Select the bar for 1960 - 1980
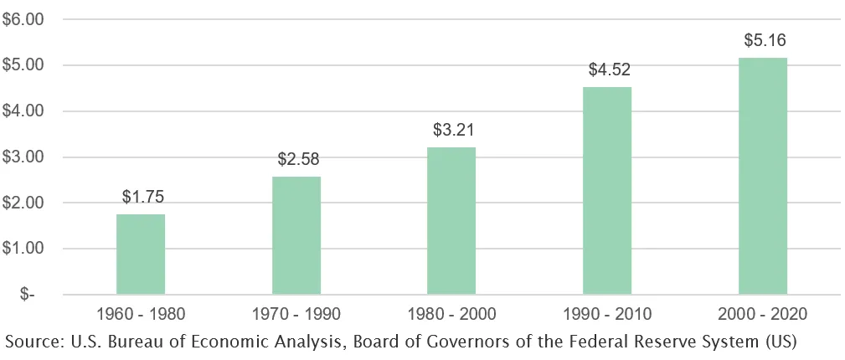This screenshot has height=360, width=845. click(x=141, y=255)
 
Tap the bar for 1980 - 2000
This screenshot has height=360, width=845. click(x=451, y=221)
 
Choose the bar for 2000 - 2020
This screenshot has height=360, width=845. click(x=762, y=176)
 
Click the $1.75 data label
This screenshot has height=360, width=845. click(x=142, y=198)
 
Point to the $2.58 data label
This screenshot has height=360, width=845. click(x=298, y=159)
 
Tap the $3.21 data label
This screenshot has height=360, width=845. click(x=453, y=131)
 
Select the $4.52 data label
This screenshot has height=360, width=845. click(x=609, y=70)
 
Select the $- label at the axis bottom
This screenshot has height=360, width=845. click(x=34, y=295)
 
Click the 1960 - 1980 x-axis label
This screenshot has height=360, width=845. click(x=141, y=315)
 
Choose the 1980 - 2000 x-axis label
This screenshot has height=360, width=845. click(x=451, y=315)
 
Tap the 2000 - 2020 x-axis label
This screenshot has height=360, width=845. click(x=762, y=315)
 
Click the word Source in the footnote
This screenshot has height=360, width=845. click(x=32, y=342)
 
